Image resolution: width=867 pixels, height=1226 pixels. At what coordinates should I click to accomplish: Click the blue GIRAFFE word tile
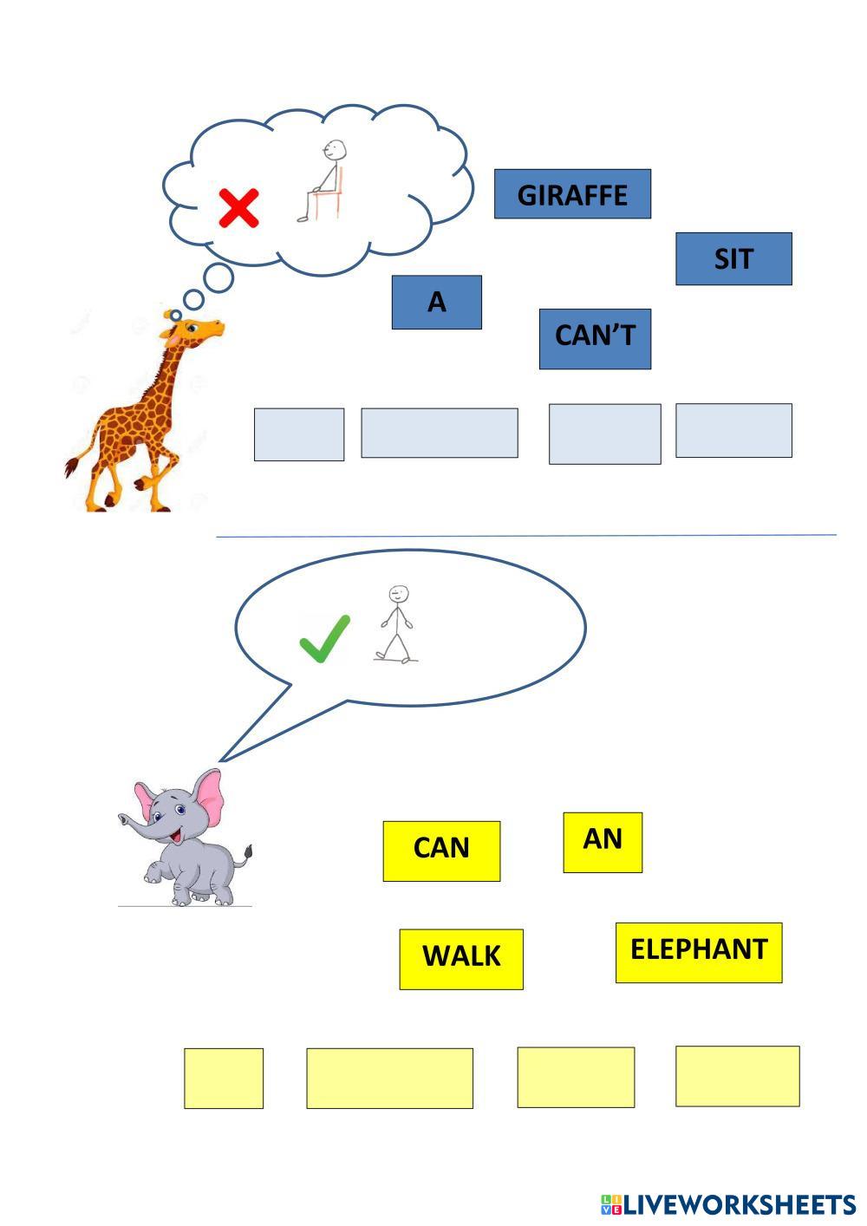pos(572,194)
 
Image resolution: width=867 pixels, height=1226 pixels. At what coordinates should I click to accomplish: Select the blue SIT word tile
pos(733,258)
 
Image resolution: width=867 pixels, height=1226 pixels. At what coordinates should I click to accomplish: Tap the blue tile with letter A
pos(436,302)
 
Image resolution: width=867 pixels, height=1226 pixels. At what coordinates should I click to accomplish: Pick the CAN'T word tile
pos(595,338)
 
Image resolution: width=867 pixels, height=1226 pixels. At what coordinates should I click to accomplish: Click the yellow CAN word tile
pos(441,851)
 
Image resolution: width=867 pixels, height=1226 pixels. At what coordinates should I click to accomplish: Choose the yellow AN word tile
pos(603,842)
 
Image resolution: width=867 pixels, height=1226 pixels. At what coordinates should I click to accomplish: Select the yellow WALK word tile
pos(461,958)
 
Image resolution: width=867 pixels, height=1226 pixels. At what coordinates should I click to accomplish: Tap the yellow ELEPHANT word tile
pos(699,952)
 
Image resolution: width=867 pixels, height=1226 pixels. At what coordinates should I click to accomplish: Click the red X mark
pos(238,208)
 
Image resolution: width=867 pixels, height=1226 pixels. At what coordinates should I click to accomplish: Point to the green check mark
pos(324,638)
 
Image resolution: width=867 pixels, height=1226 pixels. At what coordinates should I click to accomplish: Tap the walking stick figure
pos(395,624)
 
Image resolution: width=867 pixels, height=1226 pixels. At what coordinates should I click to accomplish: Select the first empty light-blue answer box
pos(299,434)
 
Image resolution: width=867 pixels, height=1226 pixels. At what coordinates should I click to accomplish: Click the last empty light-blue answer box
pos(733,430)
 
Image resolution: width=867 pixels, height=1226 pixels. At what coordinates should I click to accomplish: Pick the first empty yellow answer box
pos(224,1078)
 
